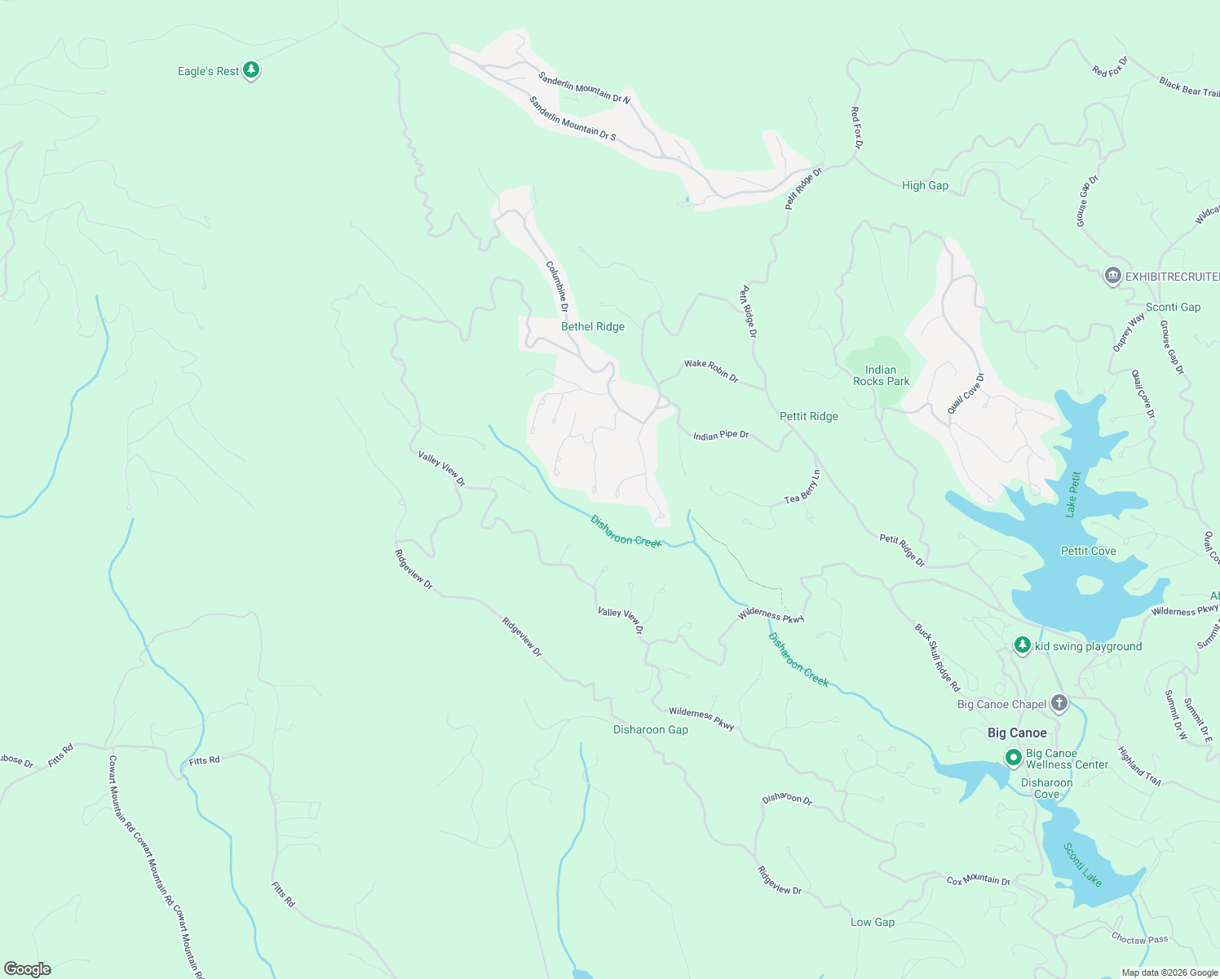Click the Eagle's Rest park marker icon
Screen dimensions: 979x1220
coord(251,70)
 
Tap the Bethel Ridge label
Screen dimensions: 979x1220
coord(593,326)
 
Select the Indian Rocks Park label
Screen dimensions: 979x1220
coord(881,375)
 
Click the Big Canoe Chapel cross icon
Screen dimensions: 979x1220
coord(1059,702)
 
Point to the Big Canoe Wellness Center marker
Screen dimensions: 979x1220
coord(1014,758)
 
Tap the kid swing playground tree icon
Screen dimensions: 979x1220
coord(1023,645)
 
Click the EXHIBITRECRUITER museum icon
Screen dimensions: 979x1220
coord(1112,277)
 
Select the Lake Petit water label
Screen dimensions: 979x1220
coord(1073,494)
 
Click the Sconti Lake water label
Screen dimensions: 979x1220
coord(1082,865)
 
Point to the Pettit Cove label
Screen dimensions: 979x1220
coord(1088,551)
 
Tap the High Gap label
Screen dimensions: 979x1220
coord(925,185)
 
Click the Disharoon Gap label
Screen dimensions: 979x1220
coord(650,729)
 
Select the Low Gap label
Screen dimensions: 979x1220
coord(872,922)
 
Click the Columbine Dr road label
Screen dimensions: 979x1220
coord(557,286)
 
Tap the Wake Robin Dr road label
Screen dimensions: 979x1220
coord(711,371)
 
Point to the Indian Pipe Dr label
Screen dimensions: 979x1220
coord(721,436)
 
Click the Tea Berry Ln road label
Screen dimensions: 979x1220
coord(802,487)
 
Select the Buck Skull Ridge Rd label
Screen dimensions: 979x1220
coord(937,658)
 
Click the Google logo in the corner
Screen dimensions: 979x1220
coord(28,968)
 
